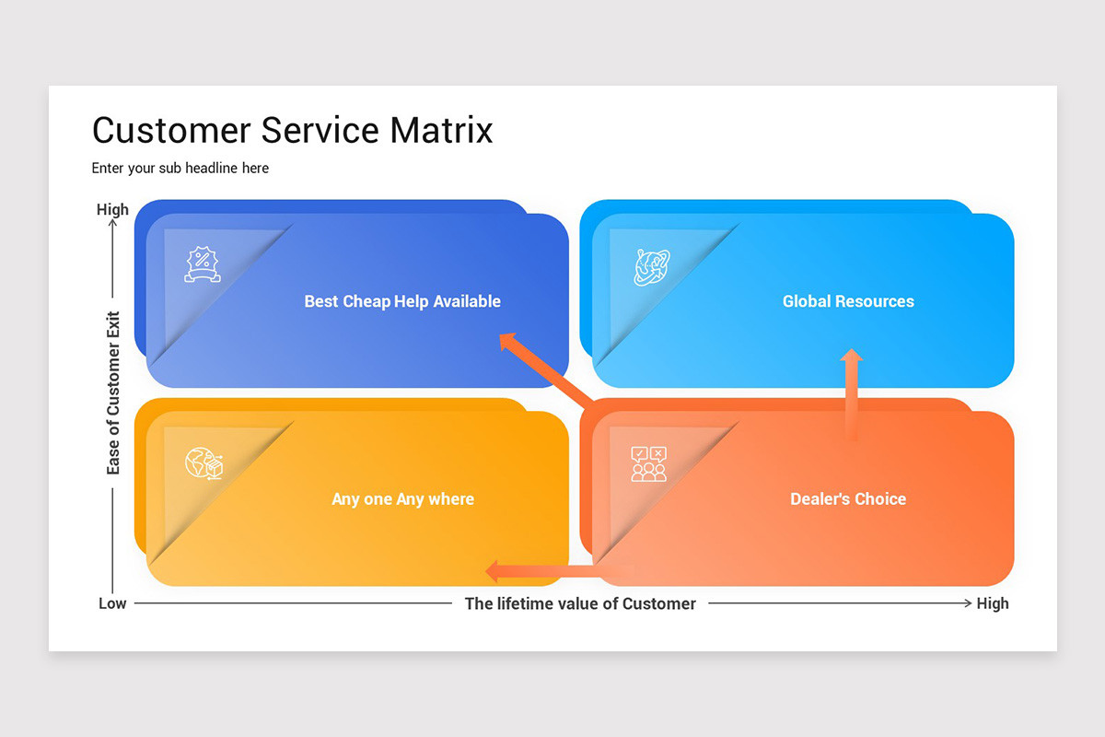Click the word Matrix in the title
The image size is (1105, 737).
(441, 130)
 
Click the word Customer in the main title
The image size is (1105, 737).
(171, 130)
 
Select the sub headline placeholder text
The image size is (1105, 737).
(180, 169)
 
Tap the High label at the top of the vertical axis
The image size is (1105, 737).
(112, 209)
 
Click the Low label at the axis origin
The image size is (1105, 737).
(112, 603)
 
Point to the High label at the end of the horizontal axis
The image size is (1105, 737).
(993, 603)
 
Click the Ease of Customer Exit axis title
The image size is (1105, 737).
(113, 393)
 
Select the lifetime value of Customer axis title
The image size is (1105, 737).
(580, 603)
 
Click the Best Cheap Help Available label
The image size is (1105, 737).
(402, 301)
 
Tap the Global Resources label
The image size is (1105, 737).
(848, 301)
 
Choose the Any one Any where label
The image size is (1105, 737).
(403, 499)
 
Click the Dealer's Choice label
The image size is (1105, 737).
(848, 498)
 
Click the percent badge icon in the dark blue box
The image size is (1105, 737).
(203, 264)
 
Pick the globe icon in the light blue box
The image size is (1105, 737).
(652, 267)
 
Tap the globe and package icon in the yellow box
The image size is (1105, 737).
(204, 463)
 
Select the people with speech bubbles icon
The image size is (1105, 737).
(648, 463)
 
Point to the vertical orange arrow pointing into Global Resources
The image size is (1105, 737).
(852, 394)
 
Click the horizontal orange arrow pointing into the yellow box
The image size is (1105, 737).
(560, 571)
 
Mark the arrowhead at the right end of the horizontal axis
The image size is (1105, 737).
(968, 603)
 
